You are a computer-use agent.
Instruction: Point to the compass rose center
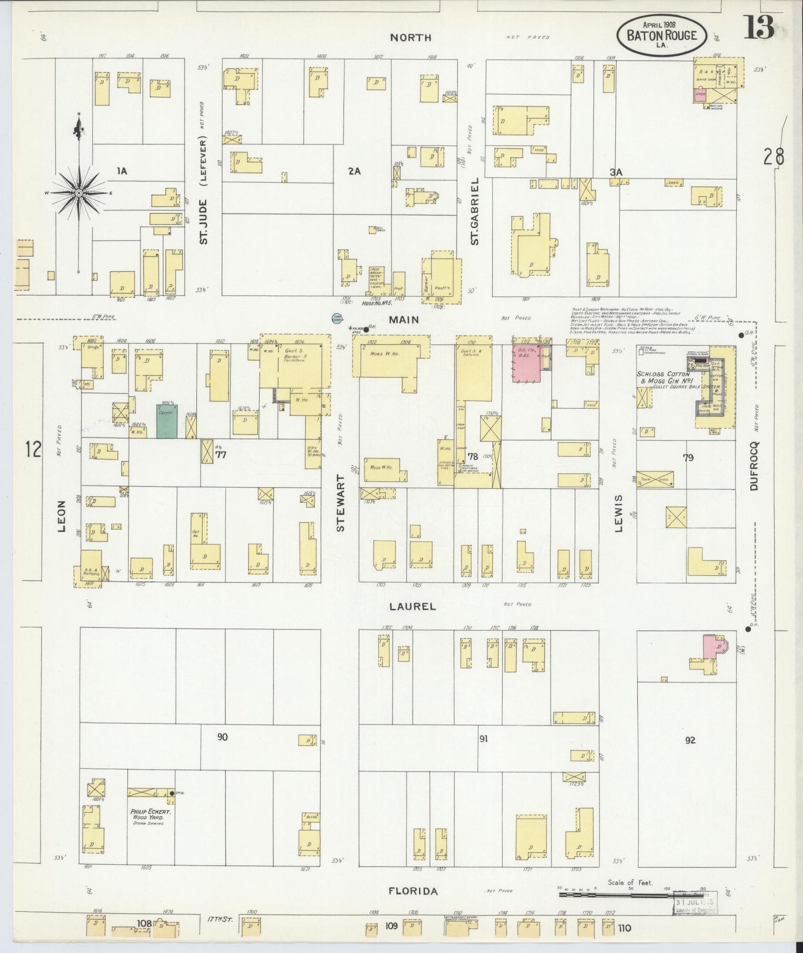(79, 192)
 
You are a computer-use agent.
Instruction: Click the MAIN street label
(403, 320)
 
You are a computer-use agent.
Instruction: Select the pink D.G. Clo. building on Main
(526, 364)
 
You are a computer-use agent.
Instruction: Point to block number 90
(222, 737)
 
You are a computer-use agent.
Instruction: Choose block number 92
(690, 739)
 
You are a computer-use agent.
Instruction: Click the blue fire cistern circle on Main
(336, 319)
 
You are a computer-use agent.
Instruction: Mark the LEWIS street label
(618, 513)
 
